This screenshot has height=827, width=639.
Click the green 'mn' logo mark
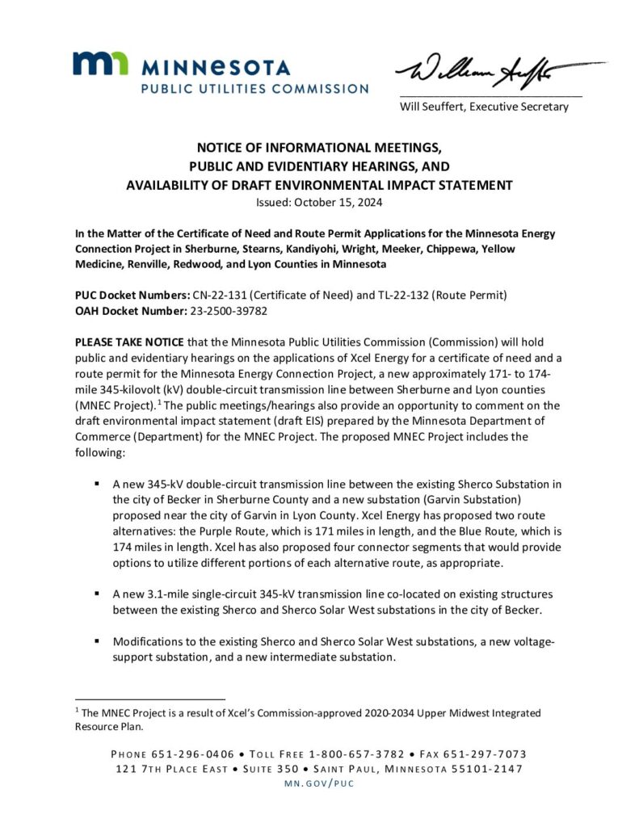click(100, 64)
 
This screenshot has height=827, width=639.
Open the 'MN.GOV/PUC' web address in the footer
click(320, 783)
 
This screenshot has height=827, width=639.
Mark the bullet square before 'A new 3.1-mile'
click(97, 594)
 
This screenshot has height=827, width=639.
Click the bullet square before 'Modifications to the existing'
click(97, 640)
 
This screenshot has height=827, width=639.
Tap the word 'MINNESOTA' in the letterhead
click(216, 68)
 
